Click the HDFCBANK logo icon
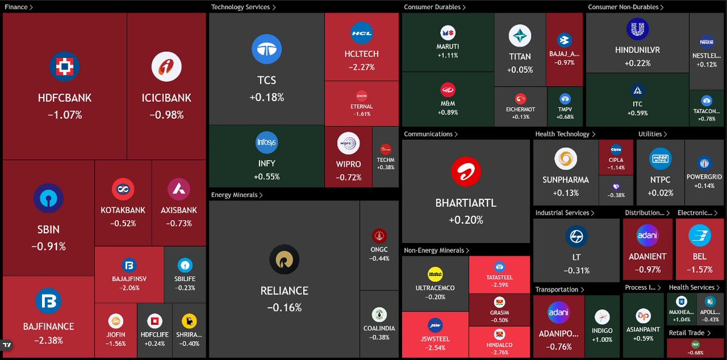[x=64, y=67]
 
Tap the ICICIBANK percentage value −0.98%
[x=166, y=115]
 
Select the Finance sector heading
[x=16, y=7]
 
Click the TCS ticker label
[x=266, y=81]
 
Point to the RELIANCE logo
[x=284, y=259]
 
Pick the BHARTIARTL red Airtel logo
[x=466, y=172]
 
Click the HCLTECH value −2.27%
[x=361, y=68]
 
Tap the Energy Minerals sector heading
[x=235, y=195]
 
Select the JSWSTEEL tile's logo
[x=435, y=325]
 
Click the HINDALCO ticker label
[x=499, y=345]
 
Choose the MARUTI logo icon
[x=448, y=33]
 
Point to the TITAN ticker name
[x=520, y=56]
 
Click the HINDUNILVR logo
[x=637, y=29]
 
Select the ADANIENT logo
[x=648, y=236]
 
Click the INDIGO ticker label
[x=601, y=331]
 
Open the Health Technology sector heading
[x=562, y=134]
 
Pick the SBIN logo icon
[x=49, y=198]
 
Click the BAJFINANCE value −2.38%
[x=49, y=341]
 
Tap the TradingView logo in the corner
[x=7, y=345]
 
